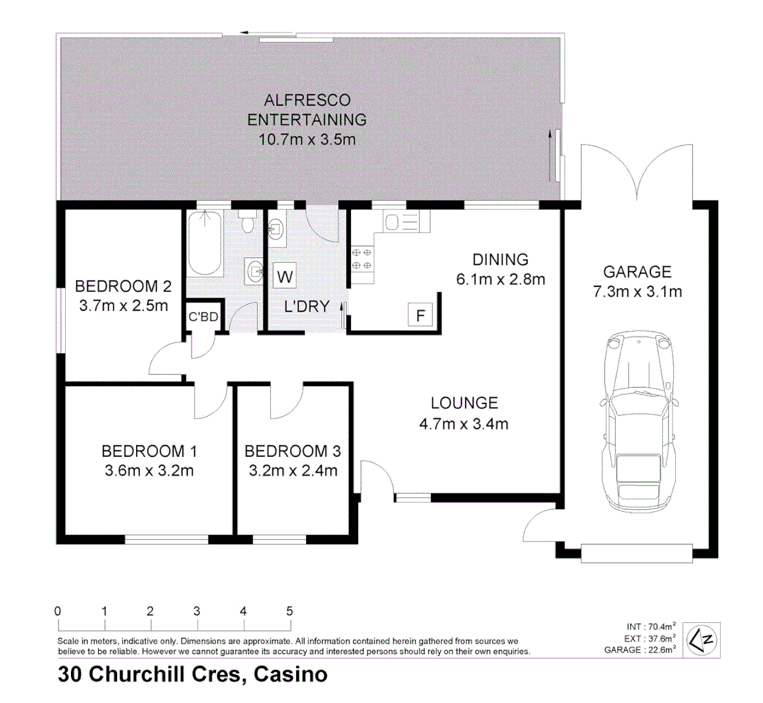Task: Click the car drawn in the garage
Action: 637,423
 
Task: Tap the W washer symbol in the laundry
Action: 284,276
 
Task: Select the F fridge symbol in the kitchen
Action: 421,316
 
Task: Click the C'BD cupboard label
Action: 203,318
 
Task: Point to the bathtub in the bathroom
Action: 205,243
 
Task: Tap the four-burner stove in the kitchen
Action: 362,259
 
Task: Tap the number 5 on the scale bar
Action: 289,611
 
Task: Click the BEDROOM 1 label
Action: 149,451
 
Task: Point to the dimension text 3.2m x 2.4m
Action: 293,471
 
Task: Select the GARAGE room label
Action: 637,272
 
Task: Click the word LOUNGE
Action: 464,404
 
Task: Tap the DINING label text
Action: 500,260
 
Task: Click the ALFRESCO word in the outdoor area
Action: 307,100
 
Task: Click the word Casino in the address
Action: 290,674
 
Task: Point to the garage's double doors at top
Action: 637,172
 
